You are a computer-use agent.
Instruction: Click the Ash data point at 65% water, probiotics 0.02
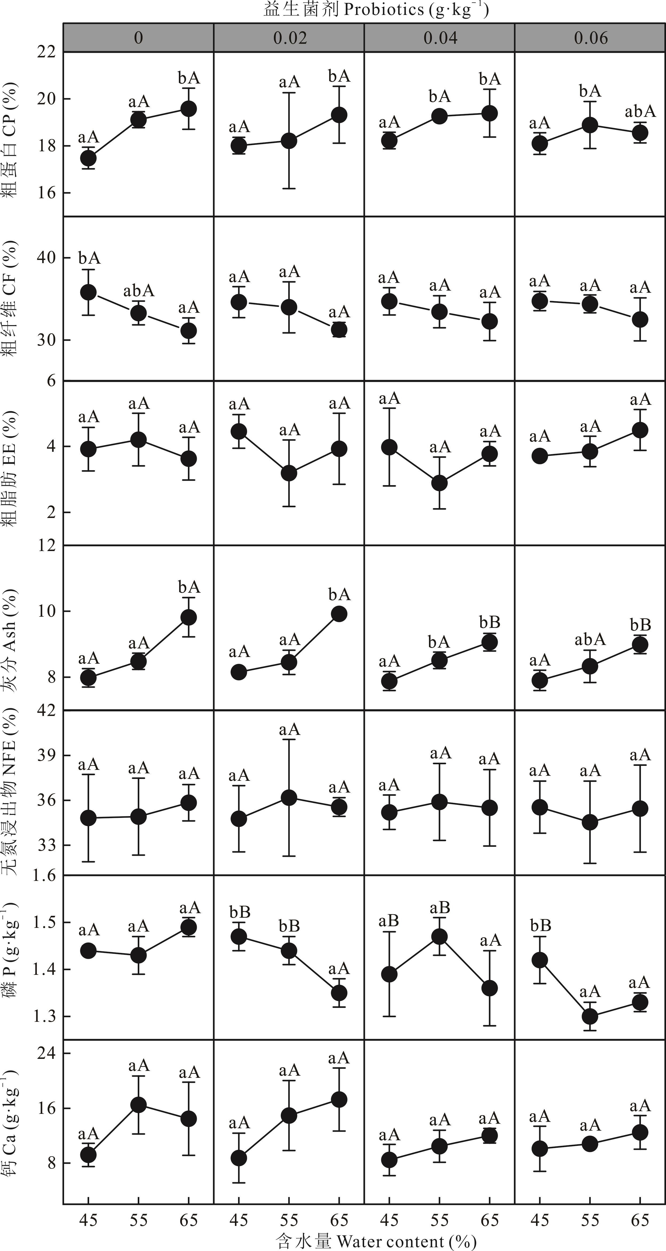click(339, 614)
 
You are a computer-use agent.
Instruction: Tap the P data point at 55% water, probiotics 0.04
click(440, 936)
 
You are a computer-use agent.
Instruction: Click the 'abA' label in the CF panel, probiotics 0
click(139, 291)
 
